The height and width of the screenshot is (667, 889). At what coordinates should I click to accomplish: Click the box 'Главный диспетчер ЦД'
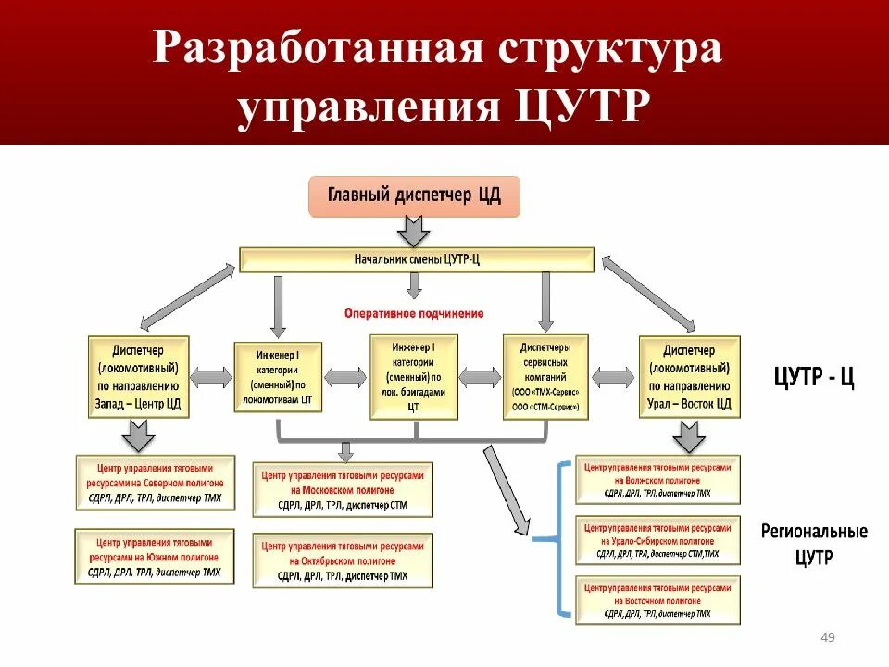point(415,195)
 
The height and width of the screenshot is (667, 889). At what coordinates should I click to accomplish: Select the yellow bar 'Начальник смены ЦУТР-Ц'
point(417,259)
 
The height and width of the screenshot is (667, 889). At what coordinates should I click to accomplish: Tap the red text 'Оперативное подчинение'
point(414,313)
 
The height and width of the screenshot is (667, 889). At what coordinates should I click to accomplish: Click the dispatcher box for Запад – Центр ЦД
point(139,377)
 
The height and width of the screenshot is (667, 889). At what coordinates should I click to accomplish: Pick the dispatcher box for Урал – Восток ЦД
point(689,377)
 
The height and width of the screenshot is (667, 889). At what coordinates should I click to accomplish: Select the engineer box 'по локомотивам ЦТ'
point(278,379)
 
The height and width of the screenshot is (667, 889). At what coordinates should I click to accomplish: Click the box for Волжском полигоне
point(657,480)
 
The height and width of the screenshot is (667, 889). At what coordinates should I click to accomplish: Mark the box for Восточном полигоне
point(657,600)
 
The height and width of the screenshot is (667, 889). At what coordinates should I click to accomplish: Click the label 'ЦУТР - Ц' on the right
point(814,379)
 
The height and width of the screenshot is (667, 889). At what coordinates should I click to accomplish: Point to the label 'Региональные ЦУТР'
point(814,545)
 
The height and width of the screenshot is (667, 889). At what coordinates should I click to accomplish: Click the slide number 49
point(828,637)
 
